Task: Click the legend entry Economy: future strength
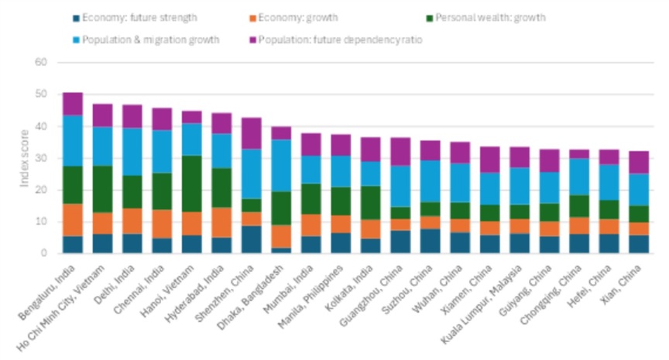tap(136, 18)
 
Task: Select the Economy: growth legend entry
tap(294, 18)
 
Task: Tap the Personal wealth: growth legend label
tap(486, 18)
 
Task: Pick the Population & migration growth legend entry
tap(146, 40)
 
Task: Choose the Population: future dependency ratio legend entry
tap(336, 40)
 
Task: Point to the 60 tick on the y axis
tap(41, 62)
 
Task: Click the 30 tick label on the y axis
tap(41, 158)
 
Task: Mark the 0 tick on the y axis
tap(44, 253)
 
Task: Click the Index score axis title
tap(24, 158)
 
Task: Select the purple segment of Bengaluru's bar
tap(73, 104)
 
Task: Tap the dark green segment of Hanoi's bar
tap(192, 183)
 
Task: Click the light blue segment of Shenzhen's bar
tap(252, 174)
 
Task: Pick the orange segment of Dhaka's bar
tap(281, 237)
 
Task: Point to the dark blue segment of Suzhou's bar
tap(430, 241)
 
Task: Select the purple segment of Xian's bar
tap(639, 163)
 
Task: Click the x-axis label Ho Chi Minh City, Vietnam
tap(61, 308)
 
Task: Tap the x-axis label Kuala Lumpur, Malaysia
tap(482, 304)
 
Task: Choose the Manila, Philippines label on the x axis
tap(310, 297)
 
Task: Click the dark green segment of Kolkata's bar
tap(370, 203)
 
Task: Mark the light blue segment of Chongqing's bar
tap(579, 177)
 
